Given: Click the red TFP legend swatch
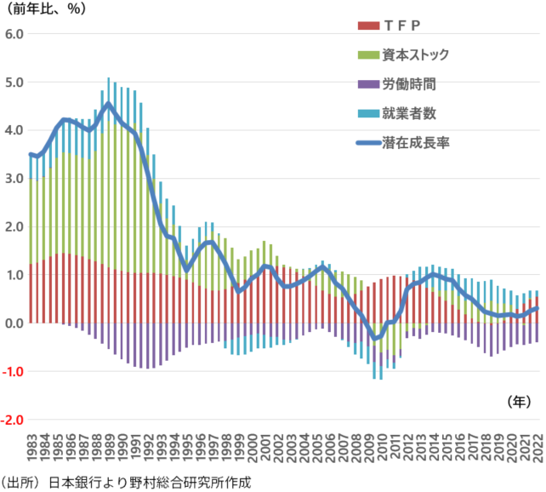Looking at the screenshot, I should pyautogui.click(x=368, y=25).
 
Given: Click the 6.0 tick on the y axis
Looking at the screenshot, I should pyautogui.click(x=16, y=34).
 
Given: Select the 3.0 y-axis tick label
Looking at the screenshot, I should pyautogui.click(x=16, y=179).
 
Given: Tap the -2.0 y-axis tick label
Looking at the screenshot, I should pyautogui.click(x=14, y=420).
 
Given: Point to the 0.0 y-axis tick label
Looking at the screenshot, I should pyautogui.click(x=16, y=323).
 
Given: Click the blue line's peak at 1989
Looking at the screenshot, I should pyautogui.click(x=108, y=105).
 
